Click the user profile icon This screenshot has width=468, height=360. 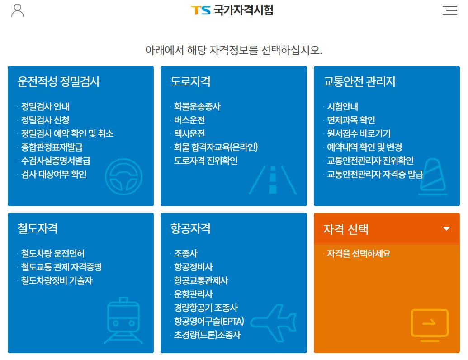pyautogui.click(x=18, y=10)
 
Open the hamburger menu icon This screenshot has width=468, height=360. pyautogui.click(x=449, y=10)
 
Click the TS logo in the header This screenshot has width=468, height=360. pyautogui.click(x=200, y=10)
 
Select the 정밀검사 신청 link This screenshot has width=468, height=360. pyautogui.click(x=45, y=120)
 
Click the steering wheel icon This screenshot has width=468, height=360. pyautogui.click(x=123, y=176)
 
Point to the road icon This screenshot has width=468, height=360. pyautogui.click(x=273, y=180)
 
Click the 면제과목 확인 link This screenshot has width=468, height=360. pyautogui.click(x=351, y=120)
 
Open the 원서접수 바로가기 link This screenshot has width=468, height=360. pyautogui.click(x=359, y=134)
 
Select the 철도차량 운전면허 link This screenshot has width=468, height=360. pyautogui.click(x=53, y=253)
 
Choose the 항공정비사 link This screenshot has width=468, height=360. pyautogui.click(x=193, y=267)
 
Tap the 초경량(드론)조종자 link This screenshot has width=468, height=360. pyautogui.click(x=207, y=335)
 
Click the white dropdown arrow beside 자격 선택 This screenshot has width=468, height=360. pyautogui.click(x=446, y=229)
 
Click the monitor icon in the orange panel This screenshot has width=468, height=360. pyautogui.click(x=429, y=323)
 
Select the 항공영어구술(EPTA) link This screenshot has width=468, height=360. pyautogui.click(x=209, y=321)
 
